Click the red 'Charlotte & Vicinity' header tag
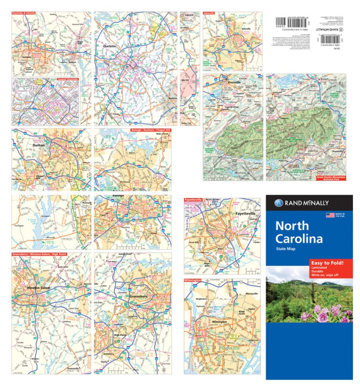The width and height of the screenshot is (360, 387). pyautogui.click(x=24, y=13)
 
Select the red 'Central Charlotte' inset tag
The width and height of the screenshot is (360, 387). pyautogui.click(x=67, y=79)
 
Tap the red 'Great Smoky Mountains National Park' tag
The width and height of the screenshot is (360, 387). pyautogui.click(x=331, y=178)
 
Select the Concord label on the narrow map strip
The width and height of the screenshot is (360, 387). pyautogui.click(x=189, y=15)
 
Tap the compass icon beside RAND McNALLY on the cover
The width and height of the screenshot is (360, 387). pyautogui.click(x=277, y=203)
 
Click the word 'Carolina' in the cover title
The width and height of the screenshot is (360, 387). pyautogui.click(x=298, y=238)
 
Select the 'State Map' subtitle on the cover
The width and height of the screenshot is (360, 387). pyautogui.click(x=286, y=249)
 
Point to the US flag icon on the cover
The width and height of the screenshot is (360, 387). pyautogui.click(x=330, y=215)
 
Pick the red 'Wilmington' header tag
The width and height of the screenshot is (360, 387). pyautogui.click(x=193, y=280)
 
